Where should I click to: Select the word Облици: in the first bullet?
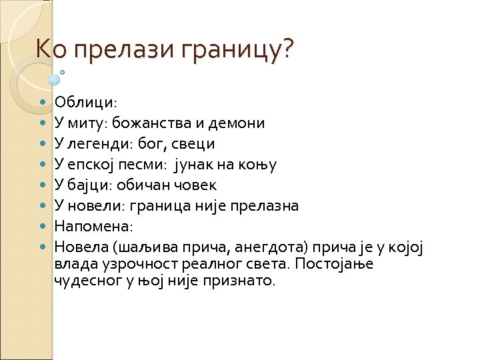[86, 103]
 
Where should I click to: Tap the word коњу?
[260, 165]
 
